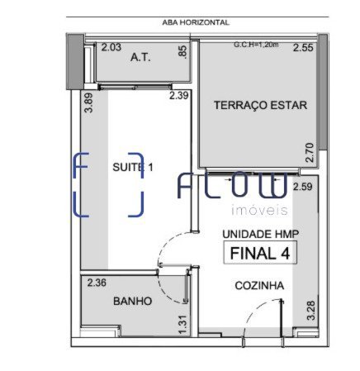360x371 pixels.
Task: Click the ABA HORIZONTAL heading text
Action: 196,22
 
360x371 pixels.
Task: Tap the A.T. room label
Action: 140,58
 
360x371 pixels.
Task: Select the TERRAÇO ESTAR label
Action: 260,105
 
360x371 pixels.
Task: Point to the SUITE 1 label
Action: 133,167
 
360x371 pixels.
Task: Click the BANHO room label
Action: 133,301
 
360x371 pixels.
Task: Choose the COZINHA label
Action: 259,286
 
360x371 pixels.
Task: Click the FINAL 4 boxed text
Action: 260,253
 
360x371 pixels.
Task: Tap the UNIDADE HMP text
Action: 260,234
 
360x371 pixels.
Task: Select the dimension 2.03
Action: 111,47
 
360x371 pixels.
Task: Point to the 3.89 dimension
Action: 88,102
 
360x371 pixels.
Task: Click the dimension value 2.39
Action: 179,96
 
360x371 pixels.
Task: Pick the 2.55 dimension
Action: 303,48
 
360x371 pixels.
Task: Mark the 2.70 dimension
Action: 310,153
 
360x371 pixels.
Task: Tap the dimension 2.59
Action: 303,187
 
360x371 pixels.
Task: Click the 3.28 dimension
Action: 311,311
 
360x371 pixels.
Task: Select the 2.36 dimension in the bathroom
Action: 97,283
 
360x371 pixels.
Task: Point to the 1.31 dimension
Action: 183,325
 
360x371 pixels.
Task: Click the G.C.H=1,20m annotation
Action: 256,45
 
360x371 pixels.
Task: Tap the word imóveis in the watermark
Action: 259,210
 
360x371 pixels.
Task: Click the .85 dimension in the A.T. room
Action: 182,52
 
